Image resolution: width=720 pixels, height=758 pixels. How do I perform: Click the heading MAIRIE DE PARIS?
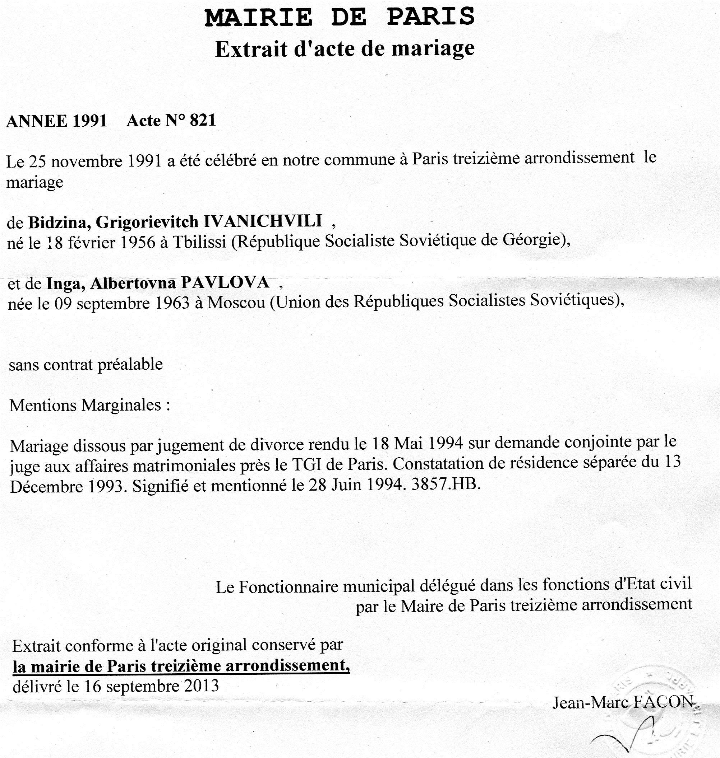(340, 17)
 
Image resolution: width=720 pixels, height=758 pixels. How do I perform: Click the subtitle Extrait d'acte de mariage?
(345, 49)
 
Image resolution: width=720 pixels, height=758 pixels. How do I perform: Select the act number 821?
(203, 120)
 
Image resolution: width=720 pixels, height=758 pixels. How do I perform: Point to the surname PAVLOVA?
(225, 282)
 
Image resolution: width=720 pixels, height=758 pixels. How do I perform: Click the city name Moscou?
(236, 303)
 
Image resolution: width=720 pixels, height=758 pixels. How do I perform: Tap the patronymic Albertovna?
(133, 283)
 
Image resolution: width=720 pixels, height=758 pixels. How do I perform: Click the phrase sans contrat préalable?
(86, 364)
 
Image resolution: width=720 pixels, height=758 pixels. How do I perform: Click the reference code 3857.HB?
(446, 485)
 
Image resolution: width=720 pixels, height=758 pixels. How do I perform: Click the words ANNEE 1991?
(57, 121)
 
